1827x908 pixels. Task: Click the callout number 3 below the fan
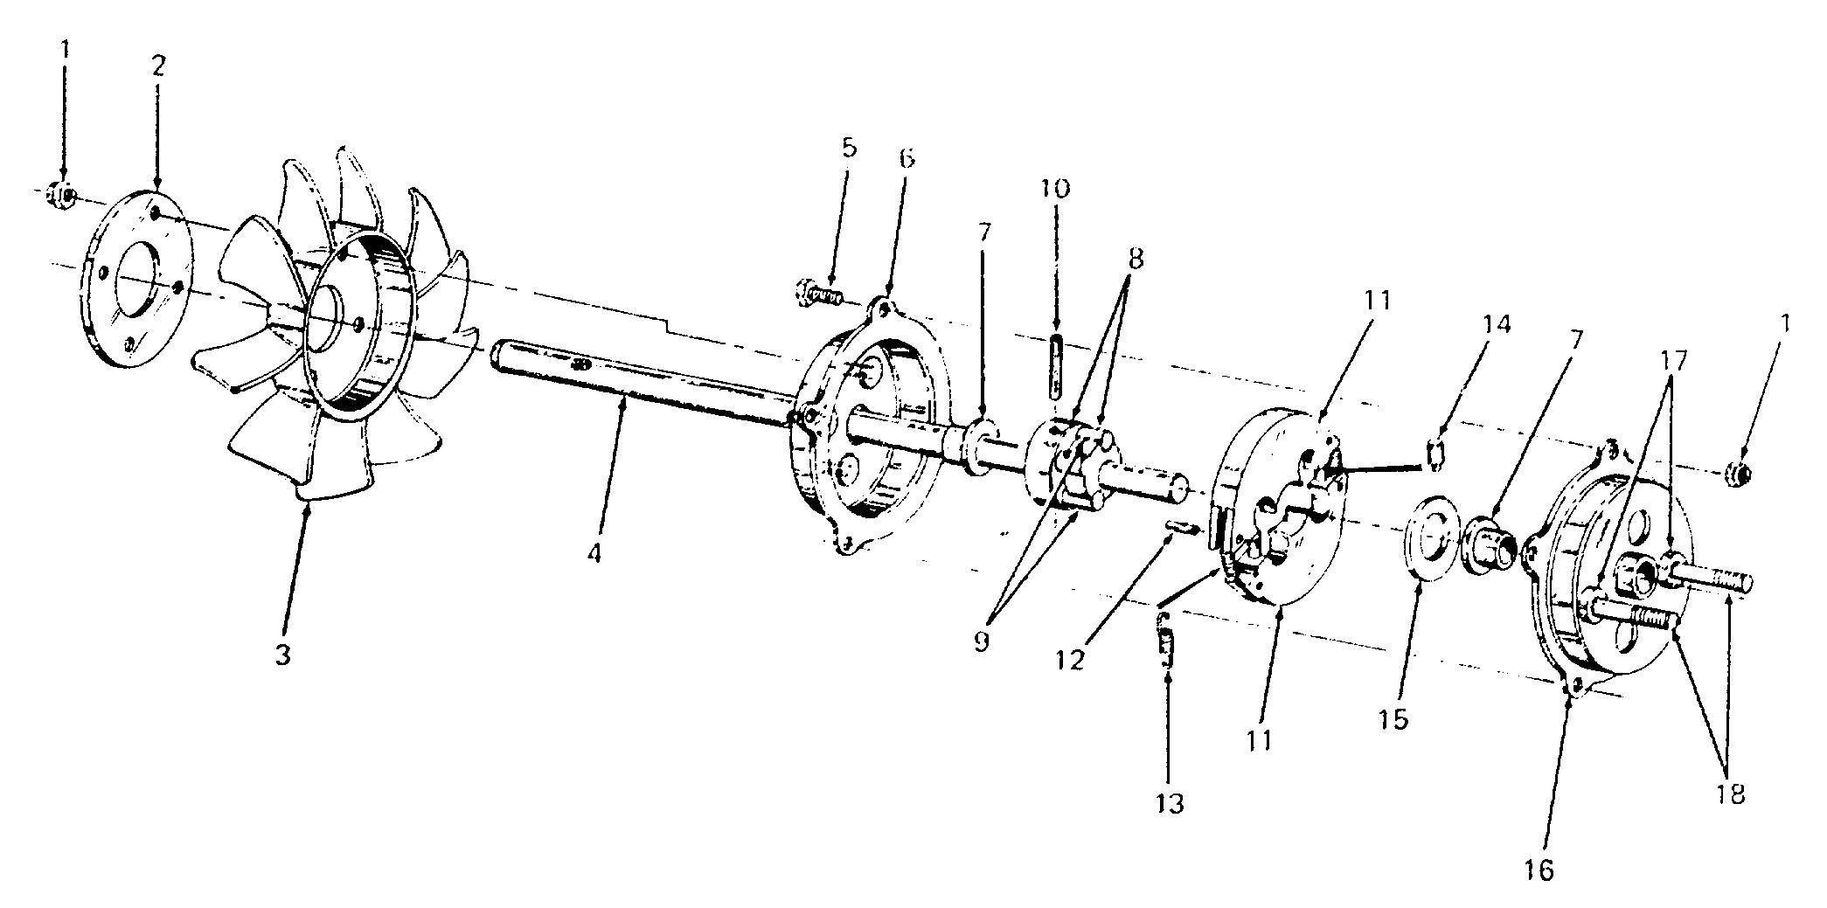[x=282, y=655]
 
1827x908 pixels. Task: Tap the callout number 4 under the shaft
[x=594, y=553]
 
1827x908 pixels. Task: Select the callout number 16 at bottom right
[x=1540, y=870]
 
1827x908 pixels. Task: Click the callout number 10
[x=1055, y=189]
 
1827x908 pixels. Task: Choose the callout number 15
[x=1393, y=719]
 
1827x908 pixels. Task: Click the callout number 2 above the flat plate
[x=157, y=66]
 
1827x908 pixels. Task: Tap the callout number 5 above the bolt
[x=849, y=147]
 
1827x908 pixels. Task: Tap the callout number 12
[x=1068, y=659]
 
